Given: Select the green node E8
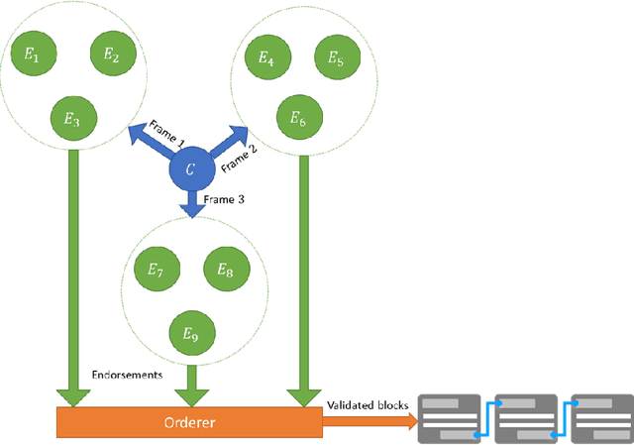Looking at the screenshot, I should pyautogui.click(x=225, y=269).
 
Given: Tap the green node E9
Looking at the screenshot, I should pyautogui.click(x=188, y=335).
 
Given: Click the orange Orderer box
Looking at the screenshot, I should pyautogui.click(x=188, y=421).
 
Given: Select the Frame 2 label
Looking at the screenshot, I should pyautogui.click(x=238, y=157).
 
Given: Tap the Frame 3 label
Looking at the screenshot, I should pyautogui.click(x=225, y=199).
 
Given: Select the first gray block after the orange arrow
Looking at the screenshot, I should pyautogui.click(x=451, y=419).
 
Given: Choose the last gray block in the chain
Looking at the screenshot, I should pyautogui.click(x=602, y=419).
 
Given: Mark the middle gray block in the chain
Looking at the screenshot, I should pyautogui.click(x=526, y=419).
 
